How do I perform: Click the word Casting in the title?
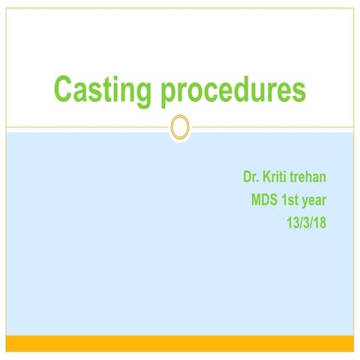coord(102,89)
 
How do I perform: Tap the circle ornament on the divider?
coord(179,127)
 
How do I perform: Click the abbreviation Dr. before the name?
coord(250,178)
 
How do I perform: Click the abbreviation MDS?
coord(266,200)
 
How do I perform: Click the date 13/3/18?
coord(308,223)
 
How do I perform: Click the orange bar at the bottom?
coord(179,343)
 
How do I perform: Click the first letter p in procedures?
coord(166,92)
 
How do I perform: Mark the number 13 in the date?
coord(294,223)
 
